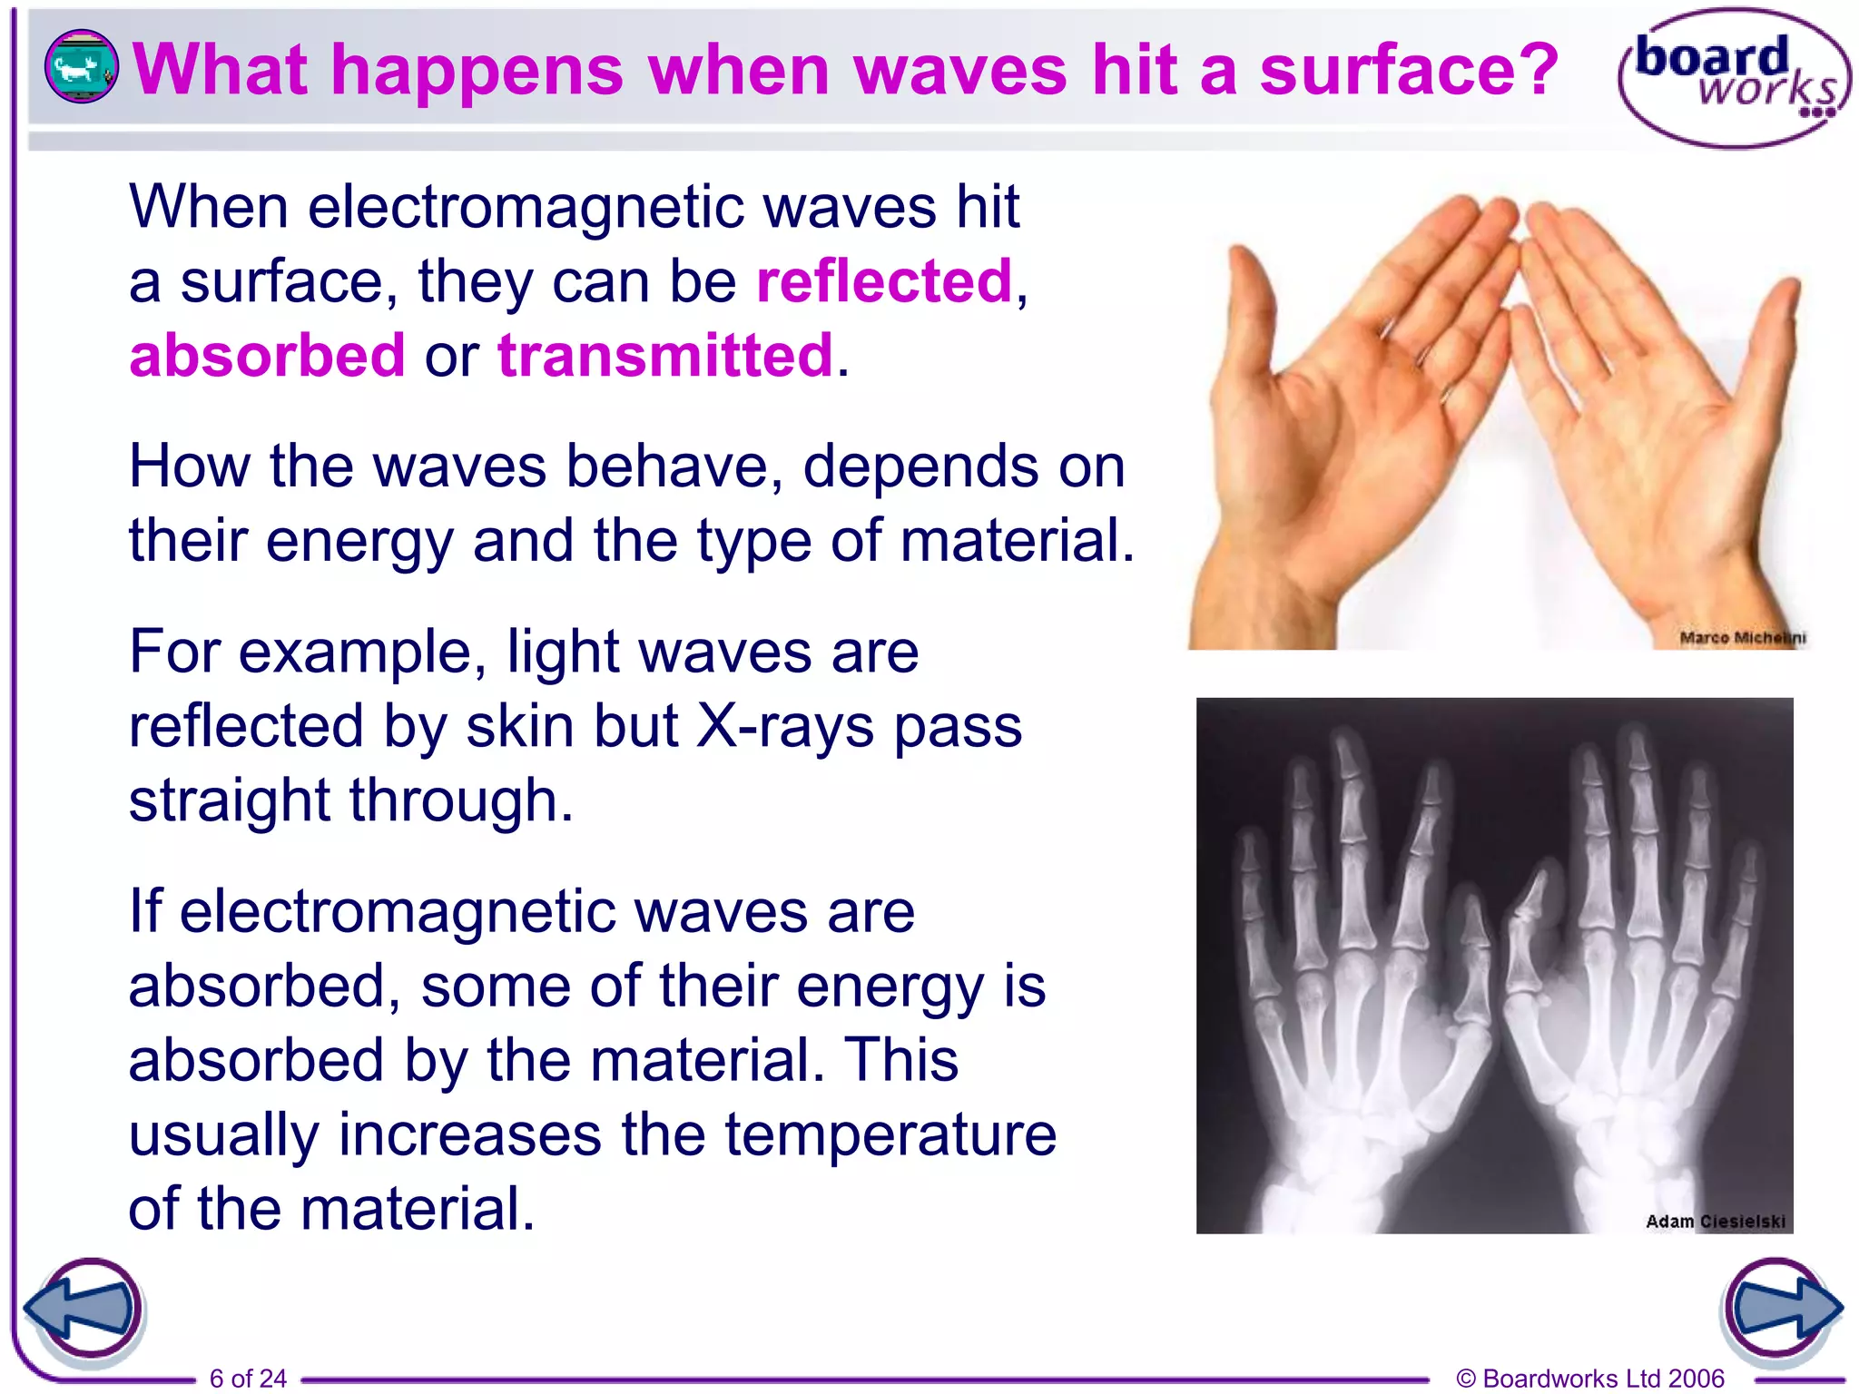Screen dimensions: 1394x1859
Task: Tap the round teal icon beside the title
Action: [81, 66]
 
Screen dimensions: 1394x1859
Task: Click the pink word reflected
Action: [883, 280]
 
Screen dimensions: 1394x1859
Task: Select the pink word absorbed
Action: [267, 355]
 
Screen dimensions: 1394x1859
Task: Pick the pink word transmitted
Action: [665, 355]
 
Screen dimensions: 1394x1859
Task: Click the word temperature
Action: [890, 1134]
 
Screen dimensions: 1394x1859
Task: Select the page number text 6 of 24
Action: [248, 1379]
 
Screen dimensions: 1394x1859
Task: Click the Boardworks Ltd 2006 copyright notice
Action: [1589, 1379]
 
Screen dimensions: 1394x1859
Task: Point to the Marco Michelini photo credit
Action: [1742, 638]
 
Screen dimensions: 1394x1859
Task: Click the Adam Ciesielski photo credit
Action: [1715, 1222]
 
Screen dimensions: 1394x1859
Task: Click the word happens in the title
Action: [477, 70]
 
